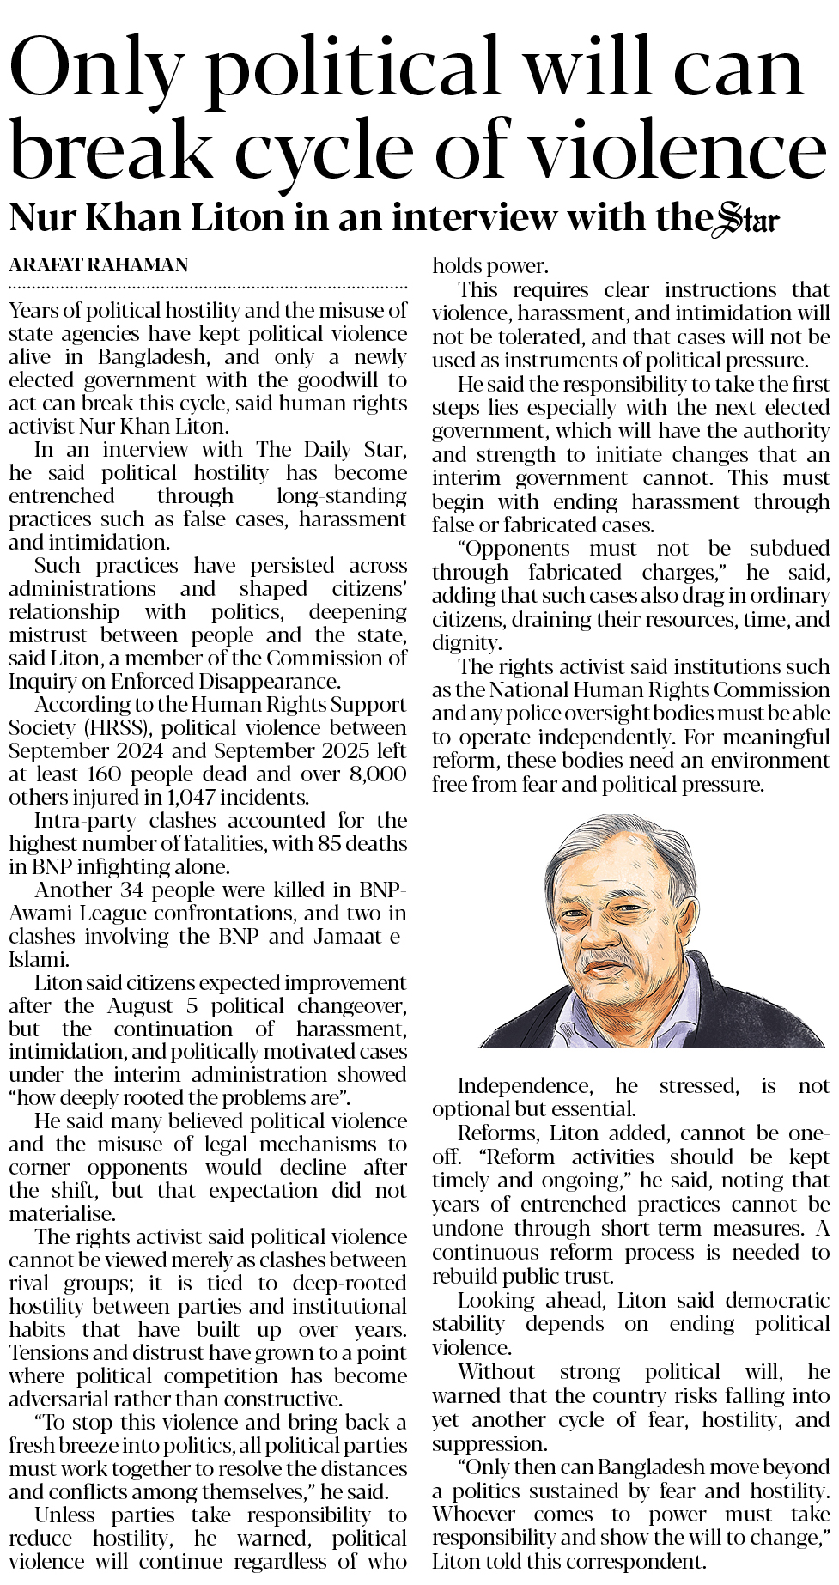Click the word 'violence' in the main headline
click(678, 149)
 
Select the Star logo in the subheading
click(748, 219)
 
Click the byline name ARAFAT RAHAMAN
click(99, 265)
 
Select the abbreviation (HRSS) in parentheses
click(119, 728)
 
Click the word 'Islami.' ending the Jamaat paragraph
click(38, 960)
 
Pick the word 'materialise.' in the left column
click(61, 1214)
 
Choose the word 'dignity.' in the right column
click(465, 643)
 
